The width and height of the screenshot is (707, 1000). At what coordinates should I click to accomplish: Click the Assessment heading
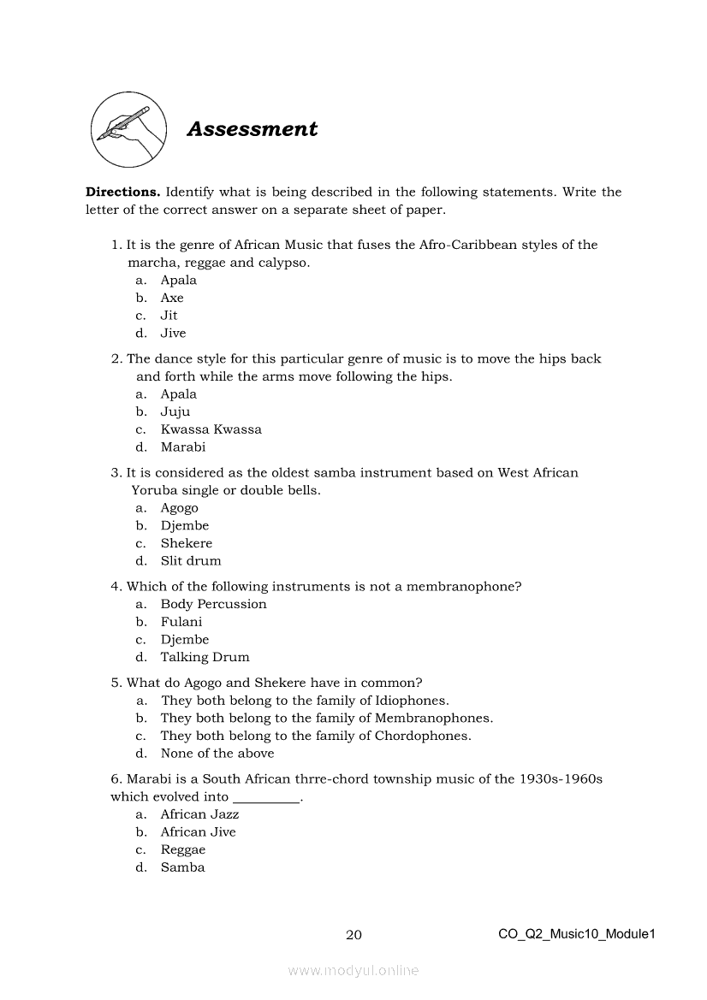pos(252,129)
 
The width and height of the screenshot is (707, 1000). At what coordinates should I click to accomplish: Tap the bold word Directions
pos(122,192)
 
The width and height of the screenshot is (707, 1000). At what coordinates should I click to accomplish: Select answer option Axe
pos(172,298)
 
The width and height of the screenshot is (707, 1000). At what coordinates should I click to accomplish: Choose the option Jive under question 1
pos(173,333)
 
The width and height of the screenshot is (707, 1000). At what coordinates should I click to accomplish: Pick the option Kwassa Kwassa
pos(211,429)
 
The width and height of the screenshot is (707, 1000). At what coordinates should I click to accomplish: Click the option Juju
pos(175,411)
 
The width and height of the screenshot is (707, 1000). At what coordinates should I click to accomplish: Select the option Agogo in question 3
pos(179,508)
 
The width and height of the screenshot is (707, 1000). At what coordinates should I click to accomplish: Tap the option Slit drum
pos(190,561)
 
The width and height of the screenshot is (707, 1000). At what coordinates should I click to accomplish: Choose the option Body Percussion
pos(213,604)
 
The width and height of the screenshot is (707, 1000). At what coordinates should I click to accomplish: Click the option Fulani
pos(181,622)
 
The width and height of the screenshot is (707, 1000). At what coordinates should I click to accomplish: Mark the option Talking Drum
pos(205,657)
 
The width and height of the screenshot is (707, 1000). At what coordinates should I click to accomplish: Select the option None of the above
pos(217,754)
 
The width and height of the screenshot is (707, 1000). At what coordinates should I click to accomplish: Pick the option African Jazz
pos(199,814)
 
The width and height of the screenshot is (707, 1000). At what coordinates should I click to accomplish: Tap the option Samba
pos(182,867)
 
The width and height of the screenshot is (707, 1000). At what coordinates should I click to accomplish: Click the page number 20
pos(353,934)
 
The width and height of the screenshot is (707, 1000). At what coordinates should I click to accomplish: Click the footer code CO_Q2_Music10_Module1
pos(576,934)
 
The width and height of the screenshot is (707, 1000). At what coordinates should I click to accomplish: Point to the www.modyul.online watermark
pos(353,971)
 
